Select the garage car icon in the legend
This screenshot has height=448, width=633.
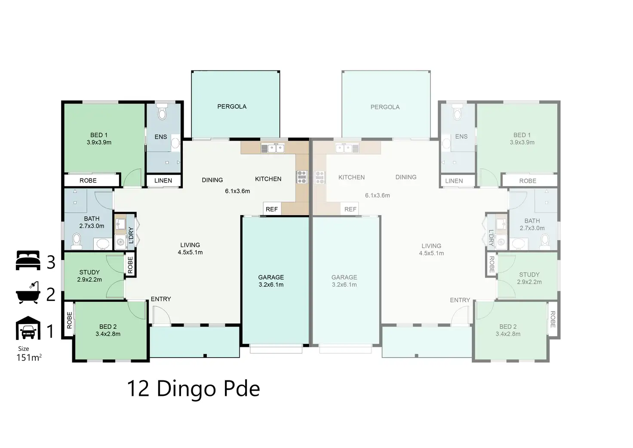click(x=28, y=328)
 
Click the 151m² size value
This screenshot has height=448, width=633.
click(x=29, y=358)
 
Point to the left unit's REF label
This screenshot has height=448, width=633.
click(x=272, y=209)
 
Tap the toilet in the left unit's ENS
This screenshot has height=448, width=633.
click(x=162, y=113)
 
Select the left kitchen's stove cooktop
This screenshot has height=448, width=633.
click(x=302, y=177)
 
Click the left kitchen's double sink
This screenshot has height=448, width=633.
click(x=273, y=148)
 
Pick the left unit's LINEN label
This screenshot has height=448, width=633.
click(x=163, y=181)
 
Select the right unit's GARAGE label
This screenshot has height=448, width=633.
click(x=344, y=278)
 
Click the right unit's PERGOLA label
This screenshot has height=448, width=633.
click(x=385, y=107)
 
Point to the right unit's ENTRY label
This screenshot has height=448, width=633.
click(x=460, y=300)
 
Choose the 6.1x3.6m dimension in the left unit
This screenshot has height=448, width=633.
click(x=237, y=191)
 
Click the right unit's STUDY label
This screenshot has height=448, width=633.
click(x=529, y=275)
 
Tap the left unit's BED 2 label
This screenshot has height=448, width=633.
click(x=108, y=327)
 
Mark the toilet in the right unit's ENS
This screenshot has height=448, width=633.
click(x=457, y=113)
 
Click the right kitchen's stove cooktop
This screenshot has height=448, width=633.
click(x=320, y=177)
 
